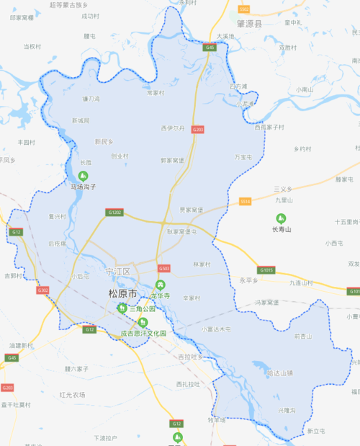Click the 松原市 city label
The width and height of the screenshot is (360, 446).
coord(122,293)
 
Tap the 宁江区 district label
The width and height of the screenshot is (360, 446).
coord(118,272)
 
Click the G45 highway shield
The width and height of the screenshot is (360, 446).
coord(210,47)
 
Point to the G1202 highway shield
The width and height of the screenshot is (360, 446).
coord(115,213)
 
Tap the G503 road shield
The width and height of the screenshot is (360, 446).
coord(164,268)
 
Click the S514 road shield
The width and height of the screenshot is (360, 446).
coord(246,201)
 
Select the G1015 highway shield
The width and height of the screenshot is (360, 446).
coord(266,270)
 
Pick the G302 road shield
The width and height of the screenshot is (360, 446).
coord(43,290)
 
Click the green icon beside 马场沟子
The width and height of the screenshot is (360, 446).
coord(82,176)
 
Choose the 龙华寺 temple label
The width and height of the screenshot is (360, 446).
coord(161,296)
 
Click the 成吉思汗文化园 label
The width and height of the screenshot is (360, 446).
coord(143,334)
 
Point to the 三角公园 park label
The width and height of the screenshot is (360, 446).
coord(140,308)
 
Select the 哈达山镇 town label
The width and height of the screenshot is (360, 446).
coord(280,373)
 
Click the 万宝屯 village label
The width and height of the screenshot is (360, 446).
coord(243,156)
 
